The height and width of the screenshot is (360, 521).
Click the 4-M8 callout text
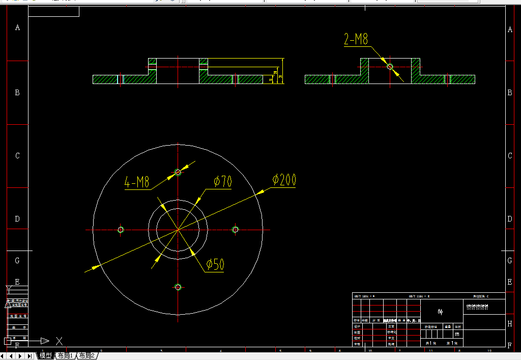click(137, 182)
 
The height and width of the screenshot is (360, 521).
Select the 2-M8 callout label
click(356, 40)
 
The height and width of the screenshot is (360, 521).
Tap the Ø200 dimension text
click(284, 180)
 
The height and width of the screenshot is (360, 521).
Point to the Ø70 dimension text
click(222, 182)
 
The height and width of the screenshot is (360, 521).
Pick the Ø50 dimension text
click(215, 264)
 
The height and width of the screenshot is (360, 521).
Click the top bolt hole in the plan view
click(178, 172)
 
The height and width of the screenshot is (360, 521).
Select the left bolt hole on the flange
click(121, 230)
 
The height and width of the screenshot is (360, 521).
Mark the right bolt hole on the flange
click(236, 230)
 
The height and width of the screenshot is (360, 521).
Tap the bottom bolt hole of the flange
click(178, 287)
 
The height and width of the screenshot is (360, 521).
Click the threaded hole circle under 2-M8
click(390, 67)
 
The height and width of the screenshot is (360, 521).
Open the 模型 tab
click(45, 355)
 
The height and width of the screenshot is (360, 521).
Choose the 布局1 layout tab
click(65, 355)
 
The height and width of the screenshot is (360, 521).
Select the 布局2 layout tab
click(87, 355)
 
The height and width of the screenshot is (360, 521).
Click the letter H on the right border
click(510, 323)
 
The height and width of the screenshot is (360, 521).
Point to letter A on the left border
click(18, 27)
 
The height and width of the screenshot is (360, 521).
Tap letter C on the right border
click(510, 156)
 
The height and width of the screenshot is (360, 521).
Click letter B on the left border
click(18, 93)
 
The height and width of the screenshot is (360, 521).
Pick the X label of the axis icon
click(60, 341)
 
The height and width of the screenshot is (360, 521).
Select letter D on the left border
click(18, 219)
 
